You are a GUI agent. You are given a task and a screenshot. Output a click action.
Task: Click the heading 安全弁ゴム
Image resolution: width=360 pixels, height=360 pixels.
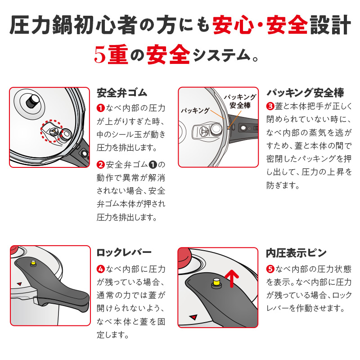click(122, 93)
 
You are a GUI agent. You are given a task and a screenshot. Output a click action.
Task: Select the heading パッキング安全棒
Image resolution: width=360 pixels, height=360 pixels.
click(305, 93)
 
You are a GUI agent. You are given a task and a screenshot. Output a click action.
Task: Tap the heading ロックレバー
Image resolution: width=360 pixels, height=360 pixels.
click(124, 252)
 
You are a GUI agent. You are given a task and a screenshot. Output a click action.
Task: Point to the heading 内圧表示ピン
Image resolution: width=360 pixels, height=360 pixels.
click(296, 252)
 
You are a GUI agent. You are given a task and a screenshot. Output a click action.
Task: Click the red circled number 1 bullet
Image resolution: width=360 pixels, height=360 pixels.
click(101, 108)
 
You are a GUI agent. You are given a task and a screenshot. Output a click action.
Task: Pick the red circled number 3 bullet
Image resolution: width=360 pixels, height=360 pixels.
click(270, 106)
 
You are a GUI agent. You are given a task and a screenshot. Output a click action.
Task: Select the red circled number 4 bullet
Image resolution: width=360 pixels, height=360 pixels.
click(101, 269)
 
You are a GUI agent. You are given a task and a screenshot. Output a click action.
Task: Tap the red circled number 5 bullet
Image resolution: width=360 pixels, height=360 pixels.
click(270, 269)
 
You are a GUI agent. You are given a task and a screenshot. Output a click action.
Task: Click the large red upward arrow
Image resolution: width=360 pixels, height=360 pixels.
click(232, 278)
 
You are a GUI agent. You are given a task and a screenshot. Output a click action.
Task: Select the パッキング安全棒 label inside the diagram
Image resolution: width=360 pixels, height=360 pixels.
click(240, 101)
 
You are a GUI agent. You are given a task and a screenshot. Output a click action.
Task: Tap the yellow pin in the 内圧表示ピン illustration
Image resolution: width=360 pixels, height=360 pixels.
click(216, 283)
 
